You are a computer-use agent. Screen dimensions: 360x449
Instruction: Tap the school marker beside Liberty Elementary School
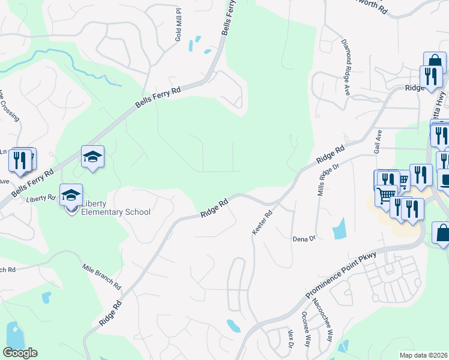point(71,195)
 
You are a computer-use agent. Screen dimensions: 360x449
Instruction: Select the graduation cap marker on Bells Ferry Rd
point(93,157)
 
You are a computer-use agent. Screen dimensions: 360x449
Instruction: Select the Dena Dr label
point(304,239)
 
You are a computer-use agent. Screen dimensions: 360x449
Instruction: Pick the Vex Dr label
point(290,340)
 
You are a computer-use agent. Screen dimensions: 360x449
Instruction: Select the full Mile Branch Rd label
point(102,278)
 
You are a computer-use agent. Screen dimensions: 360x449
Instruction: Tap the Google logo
point(20,353)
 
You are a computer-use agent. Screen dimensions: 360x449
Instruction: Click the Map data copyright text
point(424,355)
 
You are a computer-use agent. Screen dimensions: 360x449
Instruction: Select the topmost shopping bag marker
point(434,62)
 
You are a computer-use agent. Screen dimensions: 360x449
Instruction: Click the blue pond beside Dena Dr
point(339,227)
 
